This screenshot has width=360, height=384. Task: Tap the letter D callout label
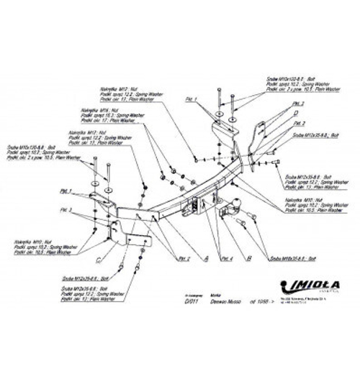click(296, 113)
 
